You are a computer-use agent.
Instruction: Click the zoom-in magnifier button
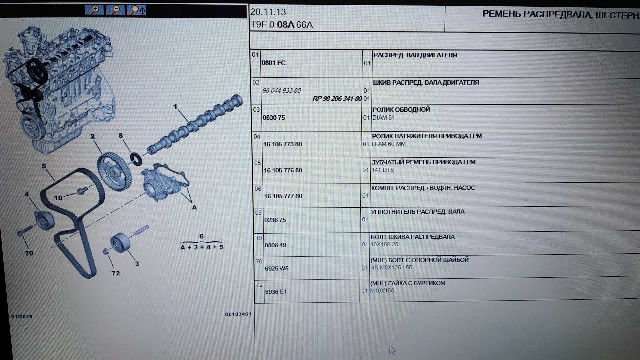click(x=94, y=10)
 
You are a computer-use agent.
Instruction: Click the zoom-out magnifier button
click(x=115, y=10)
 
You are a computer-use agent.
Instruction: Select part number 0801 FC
click(x=274, y=63)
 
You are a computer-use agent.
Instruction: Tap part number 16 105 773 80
click(x=283, y=144)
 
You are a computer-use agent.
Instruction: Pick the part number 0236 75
click(x=275, y=220)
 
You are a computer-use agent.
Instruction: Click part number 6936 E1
click(x=276, y=292)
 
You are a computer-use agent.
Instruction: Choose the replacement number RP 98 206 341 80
click(x=337, y=99)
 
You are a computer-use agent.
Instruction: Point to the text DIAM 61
click(x=383, y=118)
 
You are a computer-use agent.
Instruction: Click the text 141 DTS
click(x=383, y=170)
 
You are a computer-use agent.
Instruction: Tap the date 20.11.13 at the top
click(x=268, y=12)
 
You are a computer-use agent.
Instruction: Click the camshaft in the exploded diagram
click(x=195, y=125)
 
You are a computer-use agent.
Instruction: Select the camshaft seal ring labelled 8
click(x=136, y=159)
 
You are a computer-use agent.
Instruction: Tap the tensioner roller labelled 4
click(x=44, y=220)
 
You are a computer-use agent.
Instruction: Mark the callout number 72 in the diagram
click(x=116, y=273)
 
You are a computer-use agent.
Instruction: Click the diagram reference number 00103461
click(x=238, y=314)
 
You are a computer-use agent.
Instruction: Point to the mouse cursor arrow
click(x=392, y=349)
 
